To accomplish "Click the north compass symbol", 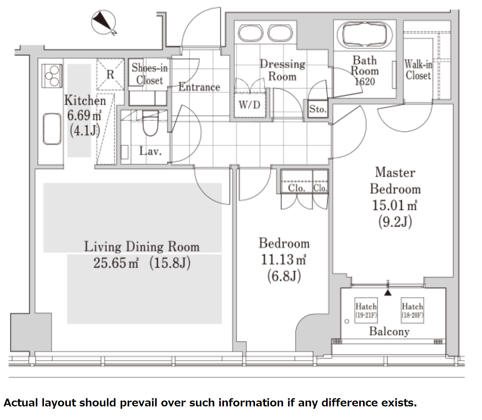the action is [104, 23].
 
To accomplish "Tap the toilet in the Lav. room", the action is [150, 123].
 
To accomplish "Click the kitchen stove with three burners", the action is [52, 76].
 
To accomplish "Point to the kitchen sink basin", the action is [52, 129].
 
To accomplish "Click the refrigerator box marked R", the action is [110, 75].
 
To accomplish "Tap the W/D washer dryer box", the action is [250, 105].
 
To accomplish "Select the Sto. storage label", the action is [318, 109].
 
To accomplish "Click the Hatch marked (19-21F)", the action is [366, 310].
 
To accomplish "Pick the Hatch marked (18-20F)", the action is [412, 310].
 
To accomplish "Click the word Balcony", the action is [389, 331].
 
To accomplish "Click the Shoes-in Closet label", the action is [150, 74].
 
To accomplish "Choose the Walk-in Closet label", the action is [418, 70].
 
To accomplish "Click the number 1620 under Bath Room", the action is [365, 82].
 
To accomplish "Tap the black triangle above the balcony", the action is [388, 293].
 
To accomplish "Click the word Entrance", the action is [199, 87].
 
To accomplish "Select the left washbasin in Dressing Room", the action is [250, 33].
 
